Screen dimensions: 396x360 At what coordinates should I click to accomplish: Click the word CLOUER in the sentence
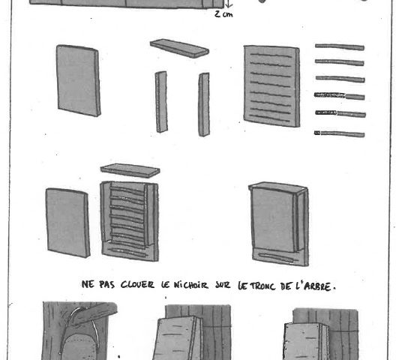(137, 285)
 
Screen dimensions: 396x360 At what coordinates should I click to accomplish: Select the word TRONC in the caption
(261, 286)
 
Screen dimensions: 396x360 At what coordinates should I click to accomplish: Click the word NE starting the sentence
(88, 284)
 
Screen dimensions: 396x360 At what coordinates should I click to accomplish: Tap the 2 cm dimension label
(223, 14)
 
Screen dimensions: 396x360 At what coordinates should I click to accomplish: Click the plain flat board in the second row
(79, 80)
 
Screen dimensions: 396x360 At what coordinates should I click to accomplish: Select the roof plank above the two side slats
(179, 48)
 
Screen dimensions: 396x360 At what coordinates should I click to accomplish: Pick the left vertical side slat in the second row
(161, 102)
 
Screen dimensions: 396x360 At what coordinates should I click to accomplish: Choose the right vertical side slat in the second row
(204, 104)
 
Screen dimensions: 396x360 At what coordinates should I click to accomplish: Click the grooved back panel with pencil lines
(271, 86)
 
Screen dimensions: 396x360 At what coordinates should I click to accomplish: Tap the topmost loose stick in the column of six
(340, 47)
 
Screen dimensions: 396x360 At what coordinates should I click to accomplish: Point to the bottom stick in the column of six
(340, 133)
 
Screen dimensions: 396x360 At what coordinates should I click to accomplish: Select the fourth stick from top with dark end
(340, 96)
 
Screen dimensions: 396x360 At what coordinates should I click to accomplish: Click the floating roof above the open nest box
(130, 170)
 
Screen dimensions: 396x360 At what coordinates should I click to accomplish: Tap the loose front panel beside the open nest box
(67, 223)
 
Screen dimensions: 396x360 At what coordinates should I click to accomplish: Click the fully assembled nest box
(278, 223)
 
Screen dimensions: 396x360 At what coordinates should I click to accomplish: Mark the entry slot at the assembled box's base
(277, 258)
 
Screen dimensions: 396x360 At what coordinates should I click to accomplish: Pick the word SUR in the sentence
(223, 286)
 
